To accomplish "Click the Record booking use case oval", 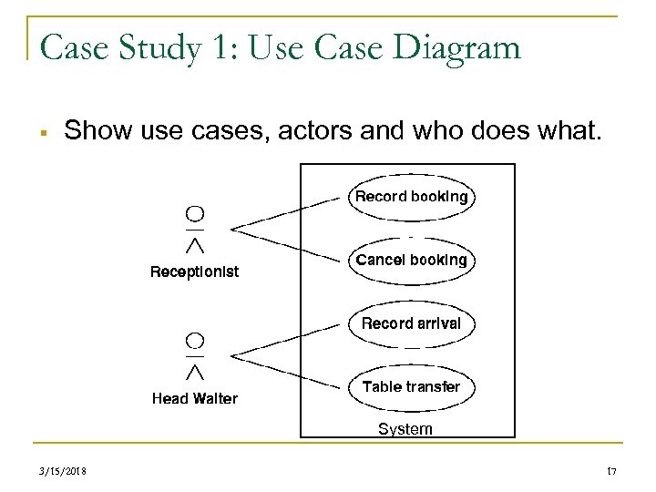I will click(x=411, y=197).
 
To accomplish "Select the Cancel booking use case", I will click(x=411, y=261).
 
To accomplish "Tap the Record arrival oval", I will click(x=411, y=323).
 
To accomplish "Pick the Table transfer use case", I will click(x=411, y=387).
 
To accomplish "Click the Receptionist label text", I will click(x=194, y=272).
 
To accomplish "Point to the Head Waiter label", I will click(x=194, y=398).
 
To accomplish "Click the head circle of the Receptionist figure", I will click(x=194, y=214).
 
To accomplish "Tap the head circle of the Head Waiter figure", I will click(x=194, y=341).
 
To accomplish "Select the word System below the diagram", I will click(x=405, y=428).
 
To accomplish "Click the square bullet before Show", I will click(x=44, y=132).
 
